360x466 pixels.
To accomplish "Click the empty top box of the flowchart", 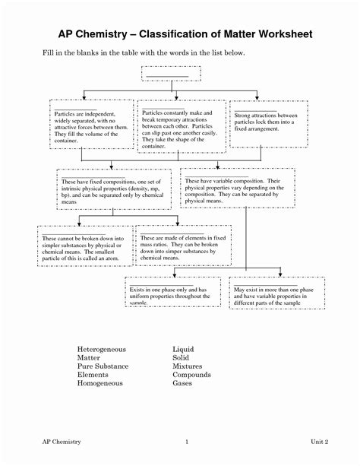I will pyautogui.click(x=170, y=74).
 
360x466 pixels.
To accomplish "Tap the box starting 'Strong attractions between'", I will pyautogui.click(x=262, y=122).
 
